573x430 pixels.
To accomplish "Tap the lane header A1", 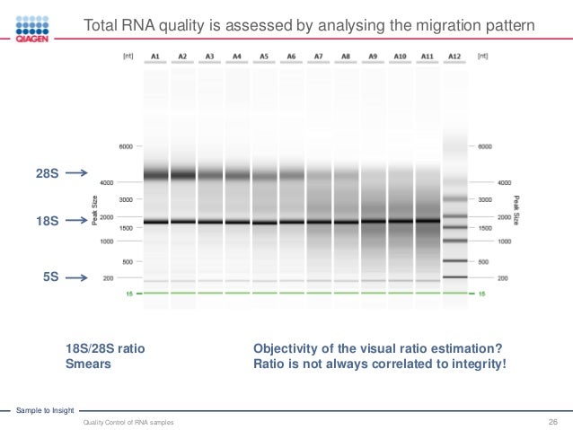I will point(155,56).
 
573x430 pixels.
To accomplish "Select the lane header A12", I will point(454,56).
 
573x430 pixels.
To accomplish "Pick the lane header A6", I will point(291,56).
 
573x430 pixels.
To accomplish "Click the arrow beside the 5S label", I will point(77,277).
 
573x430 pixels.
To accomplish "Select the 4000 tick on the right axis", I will point(480,181).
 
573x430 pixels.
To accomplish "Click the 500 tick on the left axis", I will point(128,262).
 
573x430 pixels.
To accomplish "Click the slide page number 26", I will point(553,421).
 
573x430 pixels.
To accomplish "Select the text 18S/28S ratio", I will point(105,349).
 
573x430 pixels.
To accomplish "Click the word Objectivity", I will point(288,349).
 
